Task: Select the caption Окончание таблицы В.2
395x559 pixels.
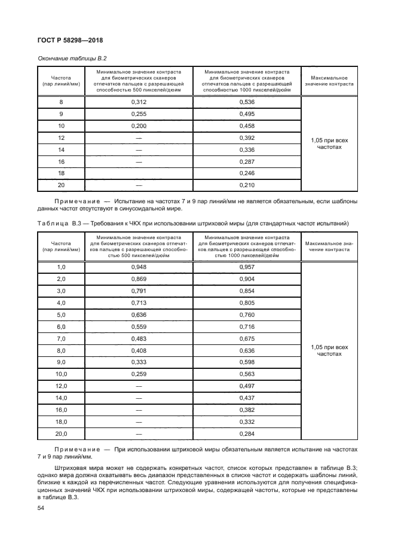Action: (68, 57)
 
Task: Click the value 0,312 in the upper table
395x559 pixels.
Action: (139, 102)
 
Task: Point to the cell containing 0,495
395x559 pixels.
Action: (247, 114)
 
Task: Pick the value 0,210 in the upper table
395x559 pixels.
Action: (247, 185)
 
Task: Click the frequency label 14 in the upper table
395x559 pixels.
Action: (61, 149)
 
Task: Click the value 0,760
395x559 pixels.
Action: (247, 314)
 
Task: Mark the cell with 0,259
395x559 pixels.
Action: (139, 374)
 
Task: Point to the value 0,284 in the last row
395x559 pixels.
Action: (247, 433)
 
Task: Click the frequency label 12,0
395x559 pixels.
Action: (61, 386)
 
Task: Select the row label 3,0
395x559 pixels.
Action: (61, 291)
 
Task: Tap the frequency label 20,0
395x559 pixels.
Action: (61, 433)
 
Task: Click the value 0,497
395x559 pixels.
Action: (247, 386)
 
